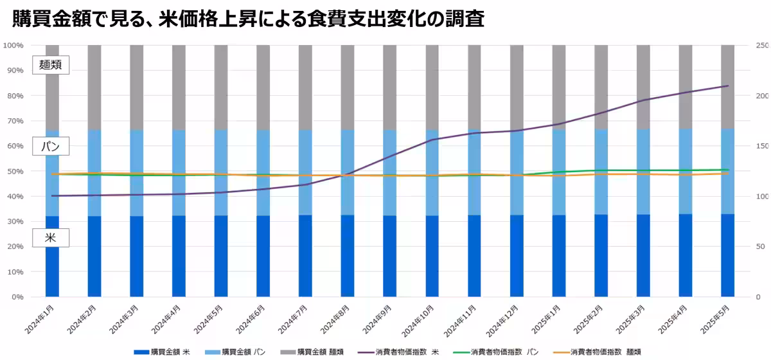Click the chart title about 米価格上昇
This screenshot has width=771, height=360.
pos(247,19)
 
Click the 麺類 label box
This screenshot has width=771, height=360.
pos(50,65)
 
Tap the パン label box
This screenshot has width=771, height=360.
pos(50,147)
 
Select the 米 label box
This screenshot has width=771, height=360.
pos(50,238)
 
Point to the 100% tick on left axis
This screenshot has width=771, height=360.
pos(13,46)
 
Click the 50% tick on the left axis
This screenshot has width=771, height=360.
pos(15,172)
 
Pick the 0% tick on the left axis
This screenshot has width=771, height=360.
pos(17,298)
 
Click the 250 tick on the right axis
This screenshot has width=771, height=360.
pos(762,46)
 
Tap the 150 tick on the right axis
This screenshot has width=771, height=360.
pos(762,147)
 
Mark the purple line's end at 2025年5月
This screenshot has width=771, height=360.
pos(728,85)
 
